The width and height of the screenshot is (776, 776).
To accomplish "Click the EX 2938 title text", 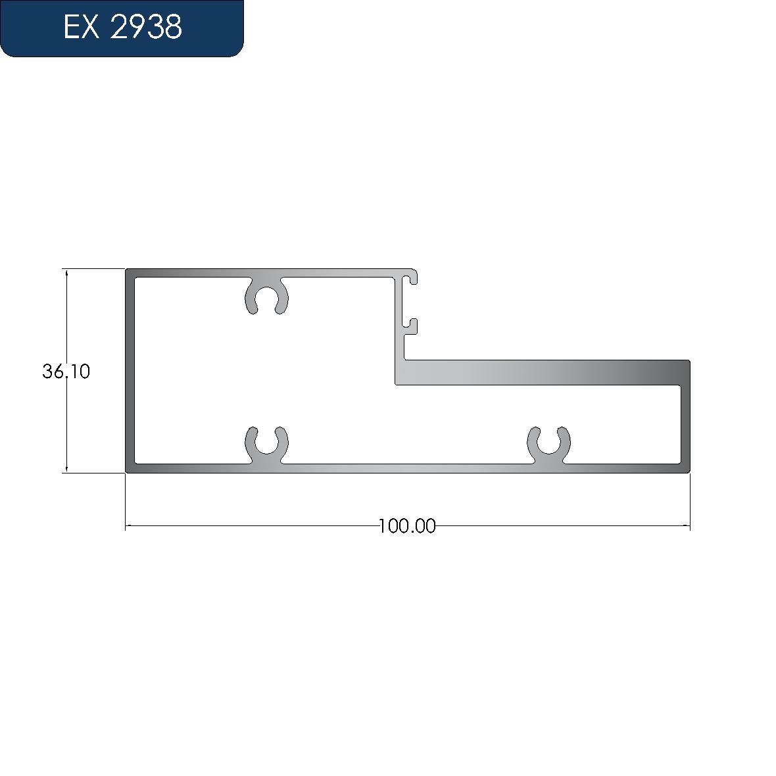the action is pos(123,27).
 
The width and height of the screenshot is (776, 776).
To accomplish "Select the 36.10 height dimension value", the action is pos(66,371).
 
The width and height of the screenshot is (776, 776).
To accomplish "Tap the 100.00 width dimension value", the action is pos(407,526).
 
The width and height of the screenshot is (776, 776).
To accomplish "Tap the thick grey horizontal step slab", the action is pos(543,373).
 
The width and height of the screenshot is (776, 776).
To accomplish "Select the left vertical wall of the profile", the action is pos(130,371).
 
